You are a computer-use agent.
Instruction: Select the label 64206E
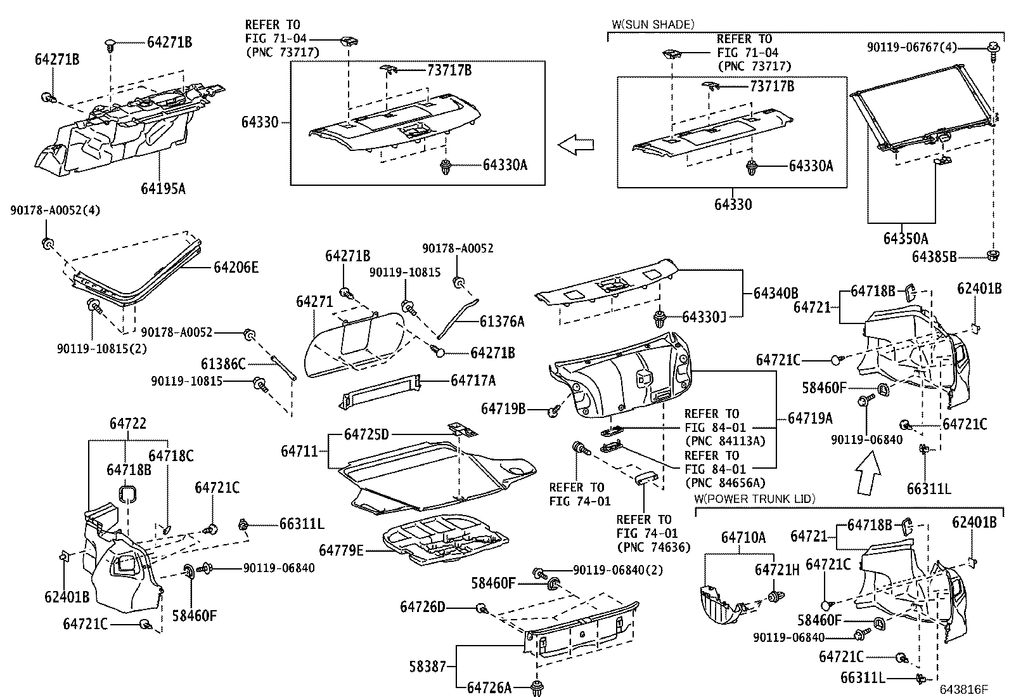coord(236,268)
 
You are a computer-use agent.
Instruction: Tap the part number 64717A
coord(473,381)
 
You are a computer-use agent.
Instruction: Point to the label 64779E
coord(341,550)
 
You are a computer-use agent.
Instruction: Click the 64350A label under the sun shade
coord(905,238)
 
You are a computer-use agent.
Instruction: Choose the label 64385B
coord(934,256)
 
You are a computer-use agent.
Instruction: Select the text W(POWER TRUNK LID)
coord(754,498)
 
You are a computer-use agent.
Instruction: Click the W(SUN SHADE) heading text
coord(653,25)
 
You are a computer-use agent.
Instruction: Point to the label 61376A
coord(502,322)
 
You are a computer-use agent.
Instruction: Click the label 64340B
coord(776,293)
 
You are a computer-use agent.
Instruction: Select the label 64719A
coord(810,419)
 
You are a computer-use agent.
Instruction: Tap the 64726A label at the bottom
coord(489,687)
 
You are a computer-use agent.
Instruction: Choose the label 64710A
coord(743,538)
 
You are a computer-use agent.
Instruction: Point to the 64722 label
coord(127,424)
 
